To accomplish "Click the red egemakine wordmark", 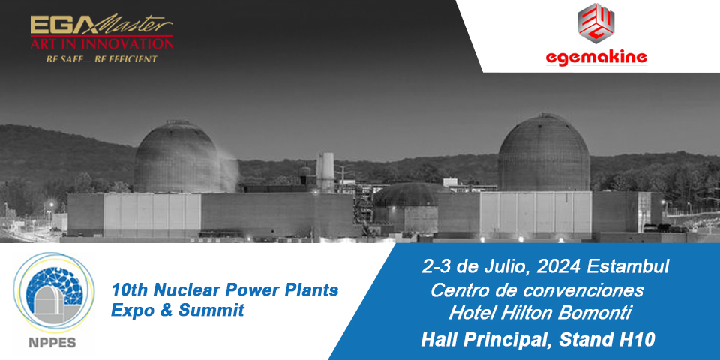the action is [x=596, y=58].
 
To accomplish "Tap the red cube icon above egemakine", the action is [x=596, y=23].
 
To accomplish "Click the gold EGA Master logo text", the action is [x=102, y=25].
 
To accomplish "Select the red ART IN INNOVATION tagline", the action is [x=102, y=44].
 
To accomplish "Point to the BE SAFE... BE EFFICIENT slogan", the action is [x=101, y=59].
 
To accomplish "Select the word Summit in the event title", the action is [x=211, y=310].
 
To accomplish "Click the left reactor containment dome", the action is [x=176, y=157].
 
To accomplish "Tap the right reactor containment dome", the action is [x=544, y=152].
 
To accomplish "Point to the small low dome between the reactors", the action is [x=406, y=195].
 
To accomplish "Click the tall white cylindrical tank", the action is [x=325, y=172].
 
